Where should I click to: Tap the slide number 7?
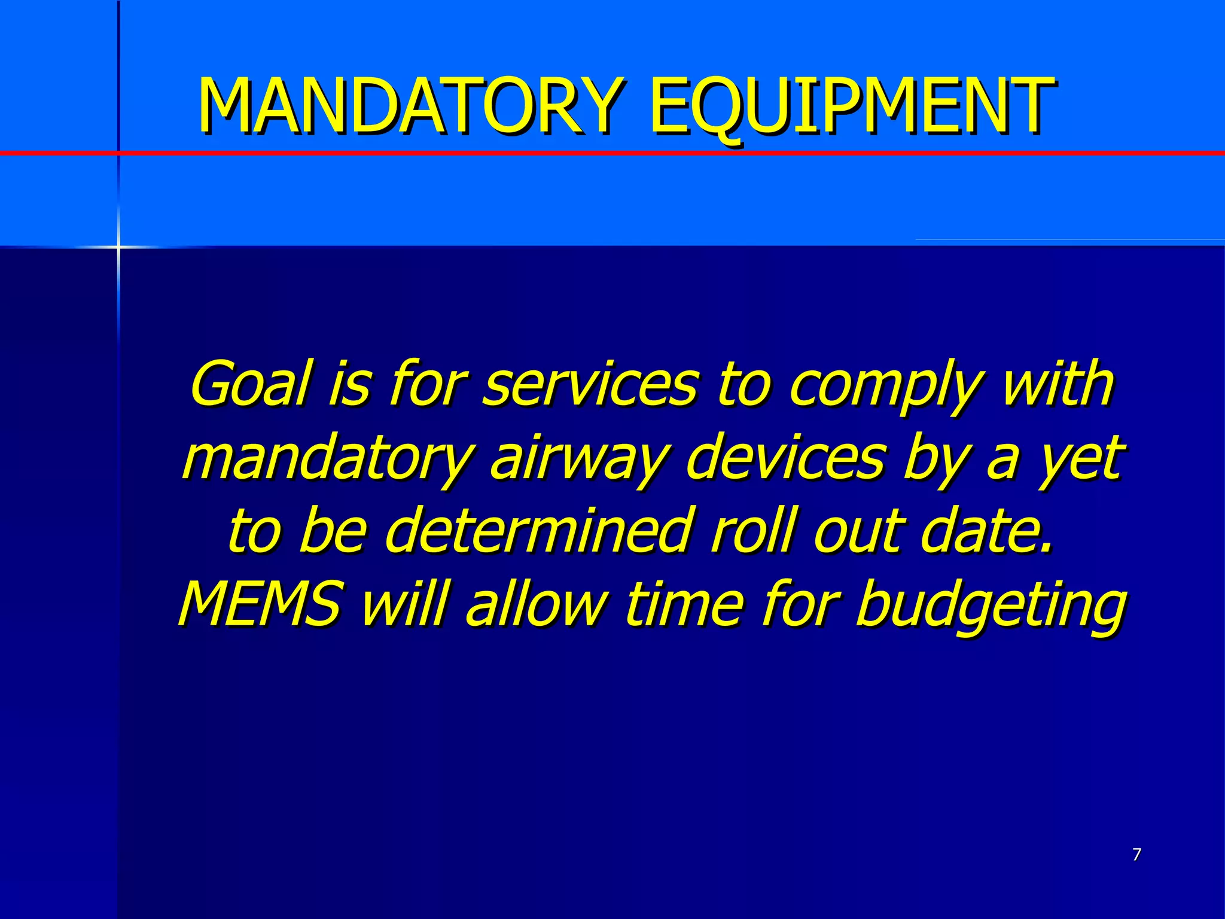click(1136, 854)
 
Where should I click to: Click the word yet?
click(1080, 458)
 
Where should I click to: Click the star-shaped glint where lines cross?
click(118, 247)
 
